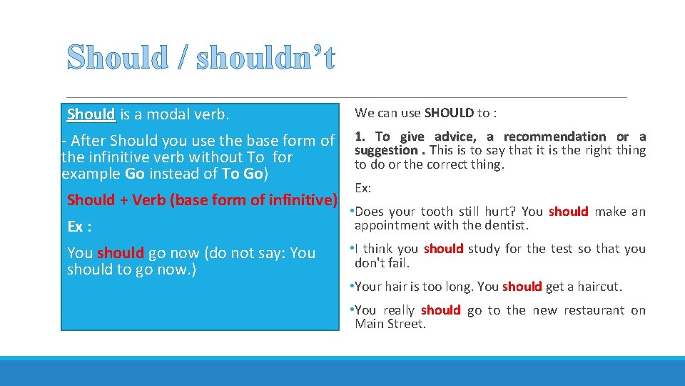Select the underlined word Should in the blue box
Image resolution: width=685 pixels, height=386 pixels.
point(91,114)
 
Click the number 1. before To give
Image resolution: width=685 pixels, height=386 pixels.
point(361,137)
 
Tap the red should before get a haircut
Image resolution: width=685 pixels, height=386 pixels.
point(522,287)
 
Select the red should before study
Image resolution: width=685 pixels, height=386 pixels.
point(443,249)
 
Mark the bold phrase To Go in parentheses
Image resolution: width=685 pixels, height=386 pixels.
point(243,174)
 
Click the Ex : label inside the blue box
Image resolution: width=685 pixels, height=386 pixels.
point(79,227)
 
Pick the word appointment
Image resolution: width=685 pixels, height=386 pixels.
point(390,225)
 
